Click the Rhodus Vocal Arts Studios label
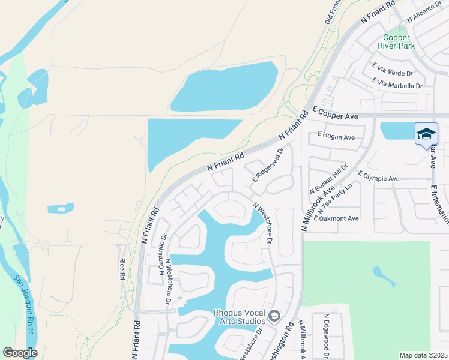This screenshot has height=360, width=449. (x=240, y=316)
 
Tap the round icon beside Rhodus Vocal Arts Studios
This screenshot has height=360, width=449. (x=274, y=316)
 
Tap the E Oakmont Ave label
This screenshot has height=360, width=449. (x=336, y=218)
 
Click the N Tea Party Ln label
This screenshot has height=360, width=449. (x=336, y=199)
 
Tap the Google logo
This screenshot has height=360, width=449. (x=20, y=353)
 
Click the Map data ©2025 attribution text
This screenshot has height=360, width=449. (x=423, y=355)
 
